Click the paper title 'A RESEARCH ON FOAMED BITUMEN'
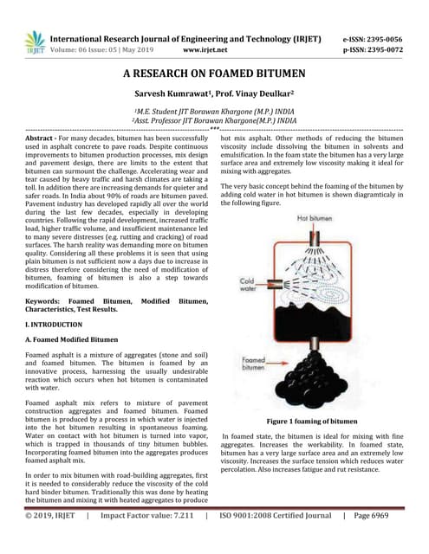(214, 75)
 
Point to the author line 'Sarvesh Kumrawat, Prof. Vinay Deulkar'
(214, 93)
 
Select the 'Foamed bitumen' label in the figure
(257, 363)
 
